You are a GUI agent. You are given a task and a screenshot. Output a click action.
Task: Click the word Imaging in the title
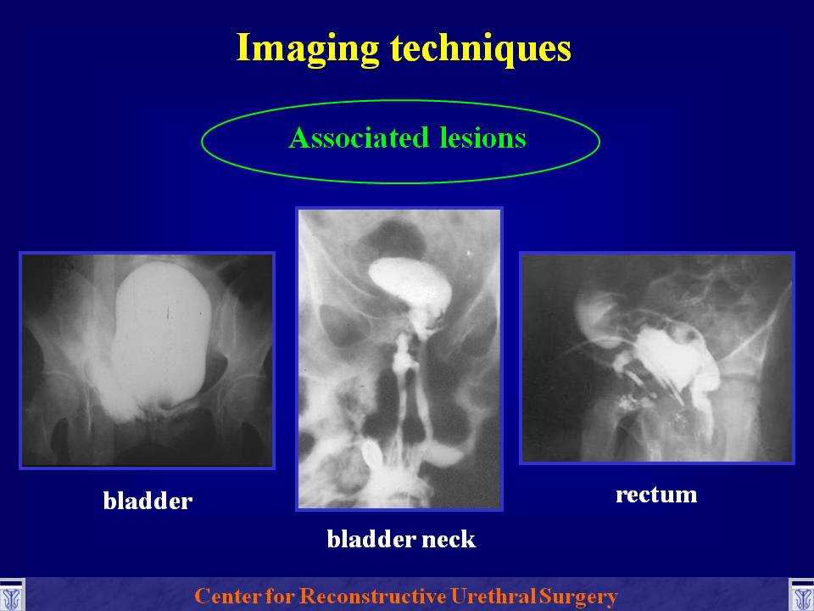307,49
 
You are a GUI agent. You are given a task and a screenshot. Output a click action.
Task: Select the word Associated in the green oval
359,137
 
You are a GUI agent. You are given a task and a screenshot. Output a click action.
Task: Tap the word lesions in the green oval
482,137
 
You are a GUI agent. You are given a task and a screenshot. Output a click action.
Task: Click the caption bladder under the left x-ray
148,501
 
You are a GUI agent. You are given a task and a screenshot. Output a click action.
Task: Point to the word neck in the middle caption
449,539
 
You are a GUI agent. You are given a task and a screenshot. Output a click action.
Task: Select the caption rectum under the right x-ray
656,495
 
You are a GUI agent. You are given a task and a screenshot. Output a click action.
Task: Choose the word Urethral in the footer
493,596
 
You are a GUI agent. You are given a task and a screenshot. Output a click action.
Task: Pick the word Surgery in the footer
577,597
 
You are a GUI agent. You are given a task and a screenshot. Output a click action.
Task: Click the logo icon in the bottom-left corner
11,596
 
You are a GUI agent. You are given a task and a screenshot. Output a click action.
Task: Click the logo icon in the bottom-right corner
801,596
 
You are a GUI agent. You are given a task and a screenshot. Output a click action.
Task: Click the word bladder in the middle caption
371,539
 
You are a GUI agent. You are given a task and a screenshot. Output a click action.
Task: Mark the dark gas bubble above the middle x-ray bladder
393,239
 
